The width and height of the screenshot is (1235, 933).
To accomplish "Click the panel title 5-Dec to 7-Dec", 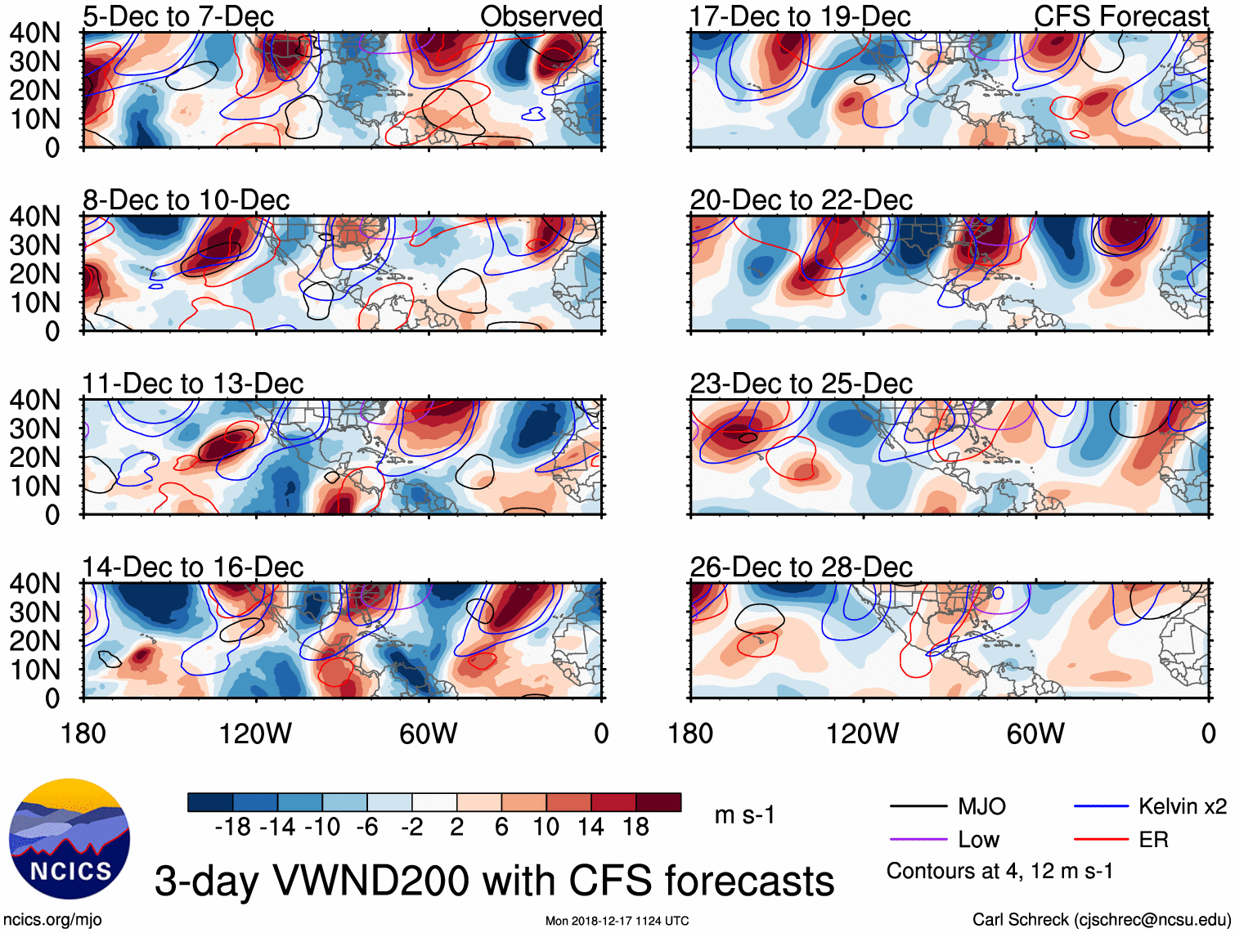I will click(x=178, y=16).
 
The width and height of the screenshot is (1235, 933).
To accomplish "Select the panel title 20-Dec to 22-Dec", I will click(x=801, y=200).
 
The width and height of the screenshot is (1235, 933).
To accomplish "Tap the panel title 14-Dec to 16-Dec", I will click(x=192, y=567).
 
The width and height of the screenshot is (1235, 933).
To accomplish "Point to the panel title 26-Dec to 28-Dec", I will click(x=801, y=567).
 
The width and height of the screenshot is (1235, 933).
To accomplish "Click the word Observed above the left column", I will click(x=541, y=16).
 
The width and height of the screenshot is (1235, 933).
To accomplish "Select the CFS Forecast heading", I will click(x=1120, y=16).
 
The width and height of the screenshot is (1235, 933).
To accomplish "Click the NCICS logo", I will click(x=70, y=838).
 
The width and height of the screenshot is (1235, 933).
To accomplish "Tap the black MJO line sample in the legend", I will click(x=918, y=807).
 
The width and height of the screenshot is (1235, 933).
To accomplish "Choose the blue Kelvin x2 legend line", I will click(x=1101, y=807).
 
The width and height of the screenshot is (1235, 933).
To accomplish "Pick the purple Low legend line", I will click(x=918, y=840).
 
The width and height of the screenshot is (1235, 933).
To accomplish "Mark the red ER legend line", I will click(x=1101, y=840).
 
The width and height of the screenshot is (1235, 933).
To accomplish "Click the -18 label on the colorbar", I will click(x=232, y=828).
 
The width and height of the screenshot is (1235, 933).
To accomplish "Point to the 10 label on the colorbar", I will click(x=546, y=828).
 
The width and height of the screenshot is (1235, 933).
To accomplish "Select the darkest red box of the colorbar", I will click(x=658, y=802).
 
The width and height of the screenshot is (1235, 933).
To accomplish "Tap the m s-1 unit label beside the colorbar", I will click(x=744, y=815).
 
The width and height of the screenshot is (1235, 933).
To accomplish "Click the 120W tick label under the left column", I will click(x=255, y=733).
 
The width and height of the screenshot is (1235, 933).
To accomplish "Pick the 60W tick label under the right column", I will click(x=1035, y=733).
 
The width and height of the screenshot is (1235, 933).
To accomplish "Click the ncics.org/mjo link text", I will click(x=53, y=920).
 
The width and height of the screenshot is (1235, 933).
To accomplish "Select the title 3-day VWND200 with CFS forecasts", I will click(x=494, y=881).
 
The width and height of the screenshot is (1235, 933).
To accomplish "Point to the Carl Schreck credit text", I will click(x=1101, y=920).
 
